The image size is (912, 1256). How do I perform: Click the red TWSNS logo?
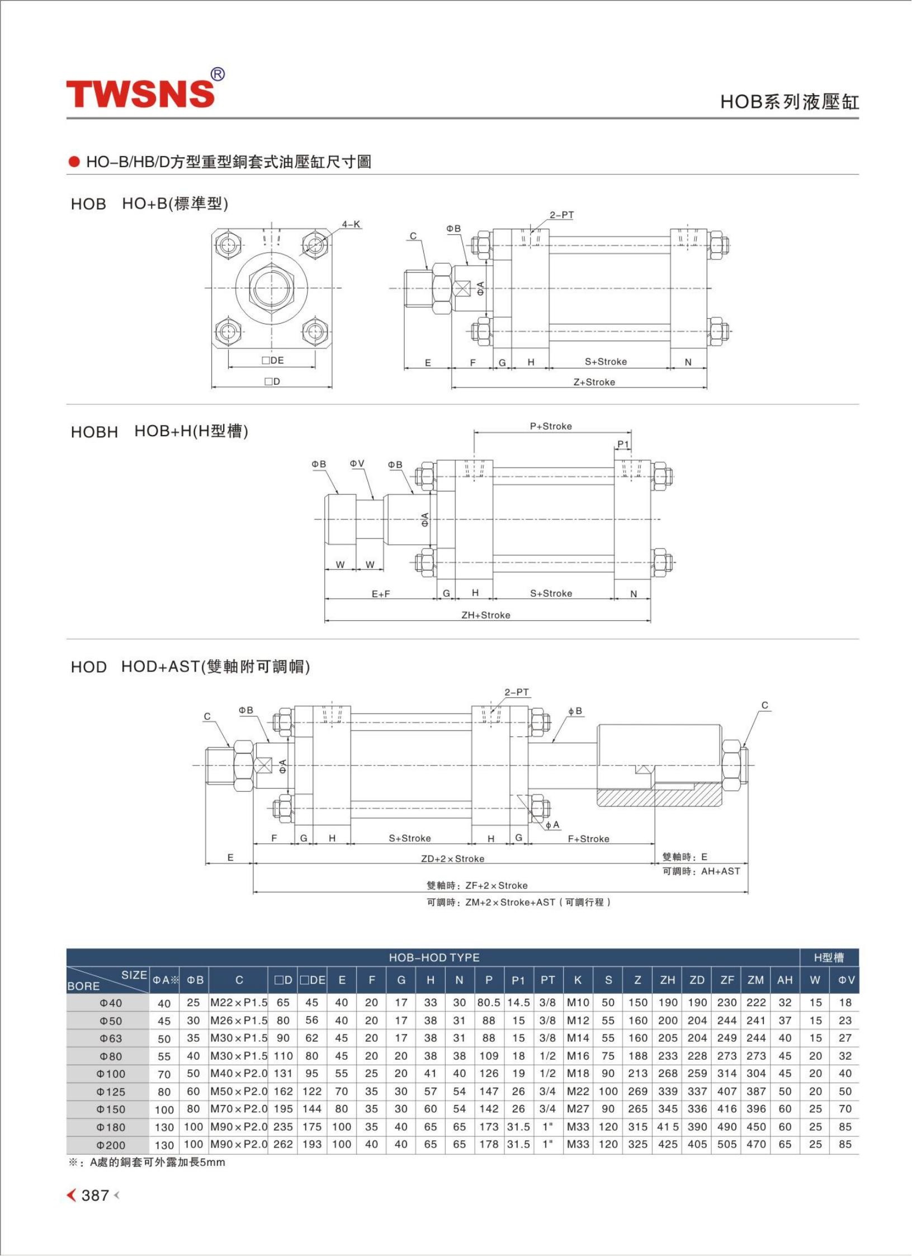point(141,93)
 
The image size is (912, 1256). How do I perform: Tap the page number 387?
point(95,1195)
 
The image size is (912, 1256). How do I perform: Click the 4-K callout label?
point(351,225)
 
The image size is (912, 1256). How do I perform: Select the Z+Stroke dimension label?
point(594,382)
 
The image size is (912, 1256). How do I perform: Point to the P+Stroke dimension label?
point(551,426)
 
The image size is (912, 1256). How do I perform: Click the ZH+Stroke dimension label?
point(485,615)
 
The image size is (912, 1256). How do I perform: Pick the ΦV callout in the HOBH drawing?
point(357,464)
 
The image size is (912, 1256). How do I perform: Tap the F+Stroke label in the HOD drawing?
point(588,839)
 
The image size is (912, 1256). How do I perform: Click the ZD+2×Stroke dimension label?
point(452,859)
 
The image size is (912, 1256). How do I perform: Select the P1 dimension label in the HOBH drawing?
point(623,445)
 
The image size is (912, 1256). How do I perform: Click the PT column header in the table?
point(547,980)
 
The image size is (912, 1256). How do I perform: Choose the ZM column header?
point(755,980)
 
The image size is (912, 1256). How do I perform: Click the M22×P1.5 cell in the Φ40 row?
point(239,1003)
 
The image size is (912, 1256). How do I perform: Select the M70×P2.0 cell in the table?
point(239,1109)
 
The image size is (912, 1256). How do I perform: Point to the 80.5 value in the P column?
point(489,1003)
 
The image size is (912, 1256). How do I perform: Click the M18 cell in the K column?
point(578,1074)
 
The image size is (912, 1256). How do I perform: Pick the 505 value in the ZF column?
point(727,1144)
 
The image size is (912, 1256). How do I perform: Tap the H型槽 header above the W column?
point(829,958)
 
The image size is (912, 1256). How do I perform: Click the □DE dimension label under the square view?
point(272,361)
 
